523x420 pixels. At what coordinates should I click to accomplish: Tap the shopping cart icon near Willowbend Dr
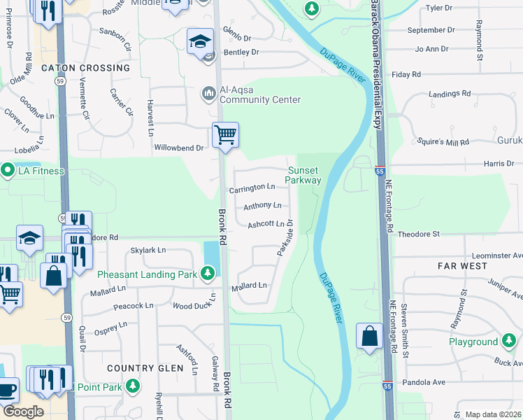coord(225,134)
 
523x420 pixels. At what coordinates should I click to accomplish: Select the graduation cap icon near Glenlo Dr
coord(200,41)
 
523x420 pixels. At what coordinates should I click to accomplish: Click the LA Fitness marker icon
coord(8,171)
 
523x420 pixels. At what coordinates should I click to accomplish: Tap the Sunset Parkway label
coord(303,175)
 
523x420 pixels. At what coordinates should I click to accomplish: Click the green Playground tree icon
coord(509,342)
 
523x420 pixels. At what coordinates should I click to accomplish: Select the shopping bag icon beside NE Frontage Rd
coord(368,336)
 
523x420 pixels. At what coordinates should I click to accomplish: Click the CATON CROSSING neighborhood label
coord(85,68)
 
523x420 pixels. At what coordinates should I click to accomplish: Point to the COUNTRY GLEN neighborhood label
coord(139,367)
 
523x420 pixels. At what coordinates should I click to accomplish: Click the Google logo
coord(23,412)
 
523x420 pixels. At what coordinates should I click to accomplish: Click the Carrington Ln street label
coord(252,188)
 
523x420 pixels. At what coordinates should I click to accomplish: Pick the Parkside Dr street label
coord(285,238)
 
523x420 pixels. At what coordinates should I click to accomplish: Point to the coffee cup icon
coord(7,390)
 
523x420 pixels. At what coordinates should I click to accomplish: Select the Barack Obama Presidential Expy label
coord(375,63)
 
